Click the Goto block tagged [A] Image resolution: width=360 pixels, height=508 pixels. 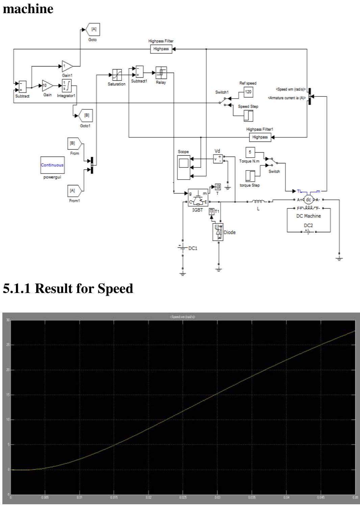click(93, 30)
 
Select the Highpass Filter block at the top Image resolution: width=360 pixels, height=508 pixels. click(161, 49)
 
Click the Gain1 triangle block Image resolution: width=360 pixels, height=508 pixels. click(67, 66)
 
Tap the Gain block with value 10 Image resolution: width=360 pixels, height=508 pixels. click(47, 86)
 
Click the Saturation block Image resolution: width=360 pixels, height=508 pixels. click(117, 75)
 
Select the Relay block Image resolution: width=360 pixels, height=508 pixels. click(161, 72)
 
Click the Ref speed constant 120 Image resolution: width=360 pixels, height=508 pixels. click(248, 92)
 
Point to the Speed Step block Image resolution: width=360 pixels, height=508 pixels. click(248, 116)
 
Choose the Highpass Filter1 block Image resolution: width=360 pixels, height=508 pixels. click(260, 137)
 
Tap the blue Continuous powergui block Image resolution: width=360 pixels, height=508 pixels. click(52, 165)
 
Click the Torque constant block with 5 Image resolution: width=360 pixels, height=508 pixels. click(250, 152)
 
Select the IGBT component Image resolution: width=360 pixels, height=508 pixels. click(198, 198)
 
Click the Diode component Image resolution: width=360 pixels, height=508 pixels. click(218, 232)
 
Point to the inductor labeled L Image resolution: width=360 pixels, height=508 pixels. click(258, 202)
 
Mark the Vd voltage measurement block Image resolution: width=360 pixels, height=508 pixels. click(218, 159)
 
